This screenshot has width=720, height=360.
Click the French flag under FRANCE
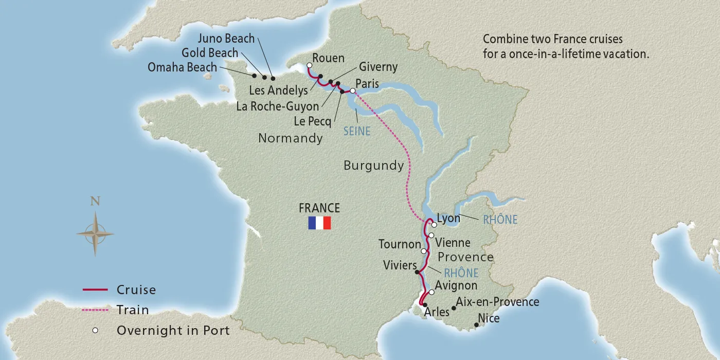[x=319, y=223]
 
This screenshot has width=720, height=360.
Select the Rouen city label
[x=328, y=58]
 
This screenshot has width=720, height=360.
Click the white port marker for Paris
[x=353, y=91]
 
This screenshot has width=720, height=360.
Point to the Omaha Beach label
[x=183, y=67]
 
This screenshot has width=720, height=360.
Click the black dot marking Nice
[x=476, y=325]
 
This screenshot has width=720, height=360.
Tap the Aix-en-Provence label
[x=497, y=302]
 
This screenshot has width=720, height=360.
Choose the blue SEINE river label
[x=356, y=131]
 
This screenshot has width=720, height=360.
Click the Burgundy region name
[x=373, y=166]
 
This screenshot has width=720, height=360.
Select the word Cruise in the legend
[x=136, y=290]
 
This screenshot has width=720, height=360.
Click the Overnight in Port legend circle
[x=95, y=330]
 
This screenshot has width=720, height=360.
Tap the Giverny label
[x=378, y=67]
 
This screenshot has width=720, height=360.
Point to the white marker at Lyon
[x=434, y=225]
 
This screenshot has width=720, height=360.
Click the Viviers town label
[x=400, y=265]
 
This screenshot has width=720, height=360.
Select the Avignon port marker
[x=431, y=292]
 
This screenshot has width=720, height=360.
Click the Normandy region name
[x=290, y=138]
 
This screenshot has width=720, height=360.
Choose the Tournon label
[x=400, y=244]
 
